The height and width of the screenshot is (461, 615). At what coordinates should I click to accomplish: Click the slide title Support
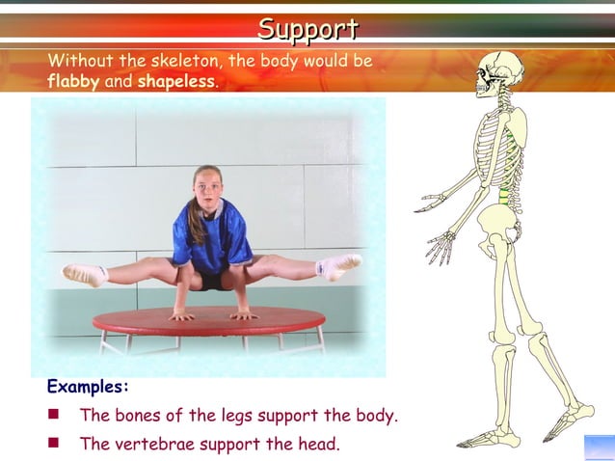(307, 30)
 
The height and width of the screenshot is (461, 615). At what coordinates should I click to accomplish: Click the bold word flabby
(73, 81)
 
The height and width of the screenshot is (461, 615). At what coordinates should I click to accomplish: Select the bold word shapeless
(177, 81)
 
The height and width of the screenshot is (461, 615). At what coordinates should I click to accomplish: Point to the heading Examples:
(88, 387)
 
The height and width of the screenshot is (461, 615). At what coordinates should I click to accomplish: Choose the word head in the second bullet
(317, 445)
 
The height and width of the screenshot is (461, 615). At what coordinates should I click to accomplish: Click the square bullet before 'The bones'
(55, 416)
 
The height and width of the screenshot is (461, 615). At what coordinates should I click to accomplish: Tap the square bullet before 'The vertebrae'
(55, 444)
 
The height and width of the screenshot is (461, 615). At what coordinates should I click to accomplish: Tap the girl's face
(208, 186)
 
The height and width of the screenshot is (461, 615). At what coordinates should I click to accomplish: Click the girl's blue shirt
(211, 236)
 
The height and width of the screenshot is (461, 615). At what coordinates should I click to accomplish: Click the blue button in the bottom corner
(599, 447)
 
